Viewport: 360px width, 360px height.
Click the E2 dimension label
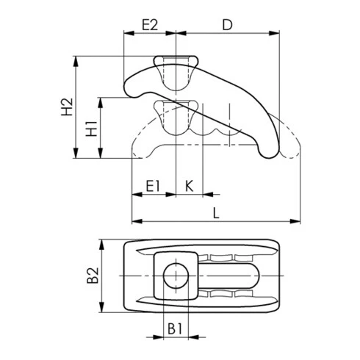pos(150,25)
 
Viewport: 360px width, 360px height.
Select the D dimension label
pos(227,25)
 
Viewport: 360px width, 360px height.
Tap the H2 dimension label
pos(67,107)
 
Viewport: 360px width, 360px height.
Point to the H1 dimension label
pos(92,129)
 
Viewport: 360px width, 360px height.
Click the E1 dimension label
pos(153,186)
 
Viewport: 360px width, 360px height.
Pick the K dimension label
pos(190,186)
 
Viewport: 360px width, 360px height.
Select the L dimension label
pos(216,213)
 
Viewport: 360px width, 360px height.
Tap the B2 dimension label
pos(93,276)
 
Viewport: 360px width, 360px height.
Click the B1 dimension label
pos(175,328)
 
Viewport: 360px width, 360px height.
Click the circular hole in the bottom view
pos(176,276)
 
